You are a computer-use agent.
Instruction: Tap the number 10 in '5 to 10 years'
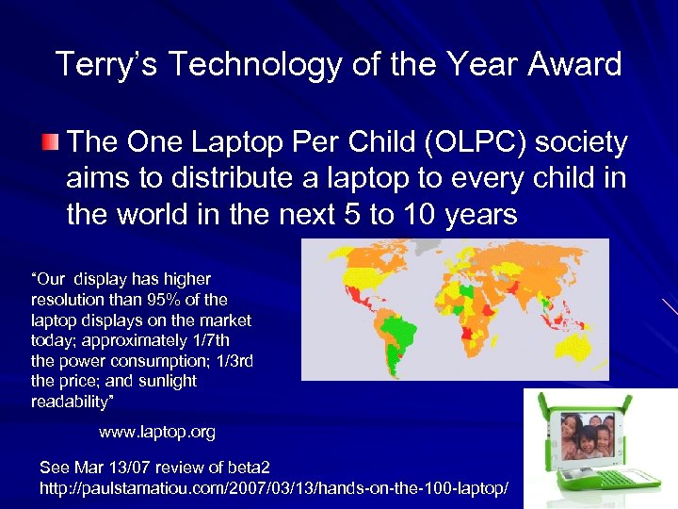pos(399,215)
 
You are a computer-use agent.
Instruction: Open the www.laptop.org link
pos(157,433)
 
